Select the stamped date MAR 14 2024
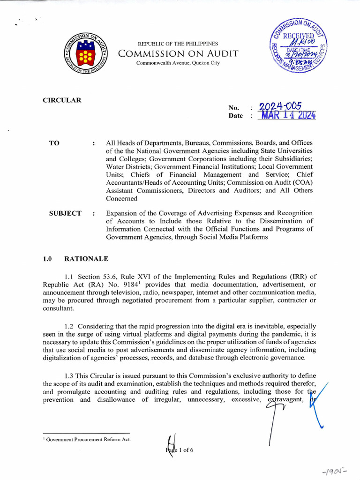click(x=287, y=115)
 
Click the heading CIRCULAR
click(x=62, y=100)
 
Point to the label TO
click(x=54, y=142)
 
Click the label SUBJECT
click(x=65, y=213)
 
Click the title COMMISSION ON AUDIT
click(x=178, y=53)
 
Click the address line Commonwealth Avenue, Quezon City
click(x=178, y=63)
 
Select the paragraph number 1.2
click(x=69, y=326)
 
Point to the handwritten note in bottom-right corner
click(x=339, y=469)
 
